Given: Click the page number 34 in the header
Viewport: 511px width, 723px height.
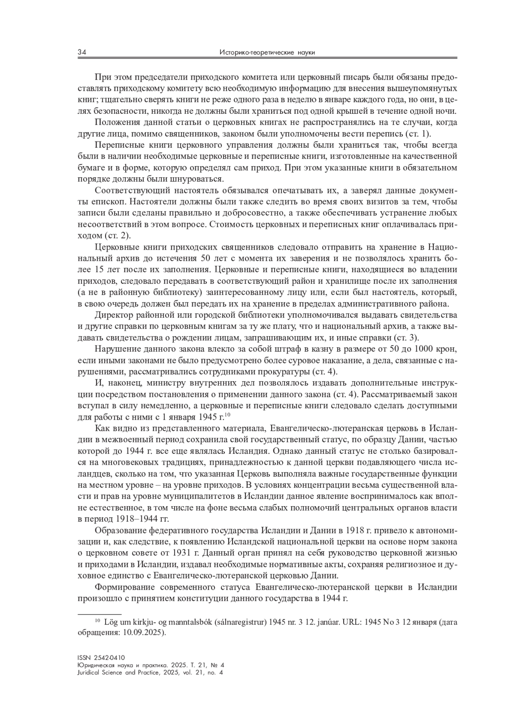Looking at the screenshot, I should point(82,52).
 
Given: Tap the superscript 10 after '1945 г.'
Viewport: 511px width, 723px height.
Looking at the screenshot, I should point(227,415).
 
